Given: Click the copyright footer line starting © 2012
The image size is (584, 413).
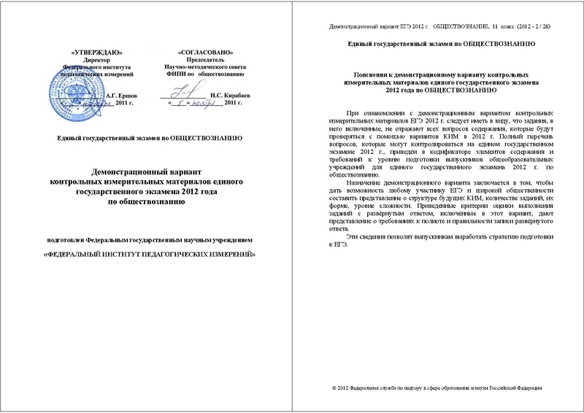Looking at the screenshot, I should [x=437, y=387].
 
